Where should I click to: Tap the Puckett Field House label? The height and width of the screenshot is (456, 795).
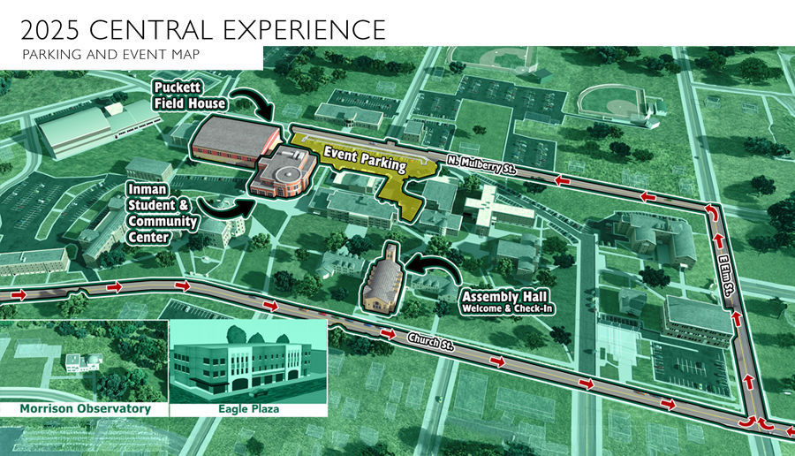(x=189, y=95)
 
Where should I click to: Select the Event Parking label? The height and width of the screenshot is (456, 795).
(x=364, y=159)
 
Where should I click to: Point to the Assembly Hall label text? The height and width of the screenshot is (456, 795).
(x=496, y=300)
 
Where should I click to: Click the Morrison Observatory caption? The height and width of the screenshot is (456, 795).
(x=85, y=408)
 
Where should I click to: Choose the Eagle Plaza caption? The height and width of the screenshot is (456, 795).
(x=247, y=408)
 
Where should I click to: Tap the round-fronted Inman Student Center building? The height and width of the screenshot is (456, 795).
(x=282, y=173)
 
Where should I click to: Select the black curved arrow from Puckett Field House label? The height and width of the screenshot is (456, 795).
(x=254, y=103)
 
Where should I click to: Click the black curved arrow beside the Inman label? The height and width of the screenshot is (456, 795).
(x=224, y=208)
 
